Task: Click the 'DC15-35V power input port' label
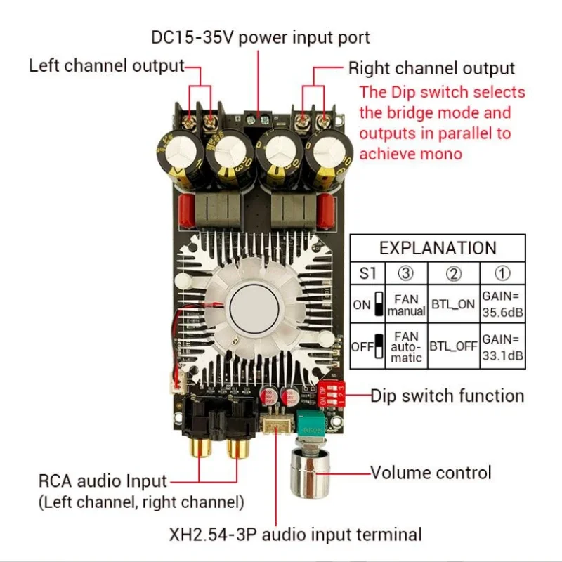pos(260,37)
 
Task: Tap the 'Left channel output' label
pos(106,66)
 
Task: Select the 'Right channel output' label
pos(431,68)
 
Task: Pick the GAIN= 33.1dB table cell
pos(502,347)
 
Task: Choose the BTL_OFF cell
pos(453,347)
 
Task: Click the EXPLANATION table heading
pos(437,248)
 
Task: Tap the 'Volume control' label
pos(431,472)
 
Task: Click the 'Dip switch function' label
pos(447,396)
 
